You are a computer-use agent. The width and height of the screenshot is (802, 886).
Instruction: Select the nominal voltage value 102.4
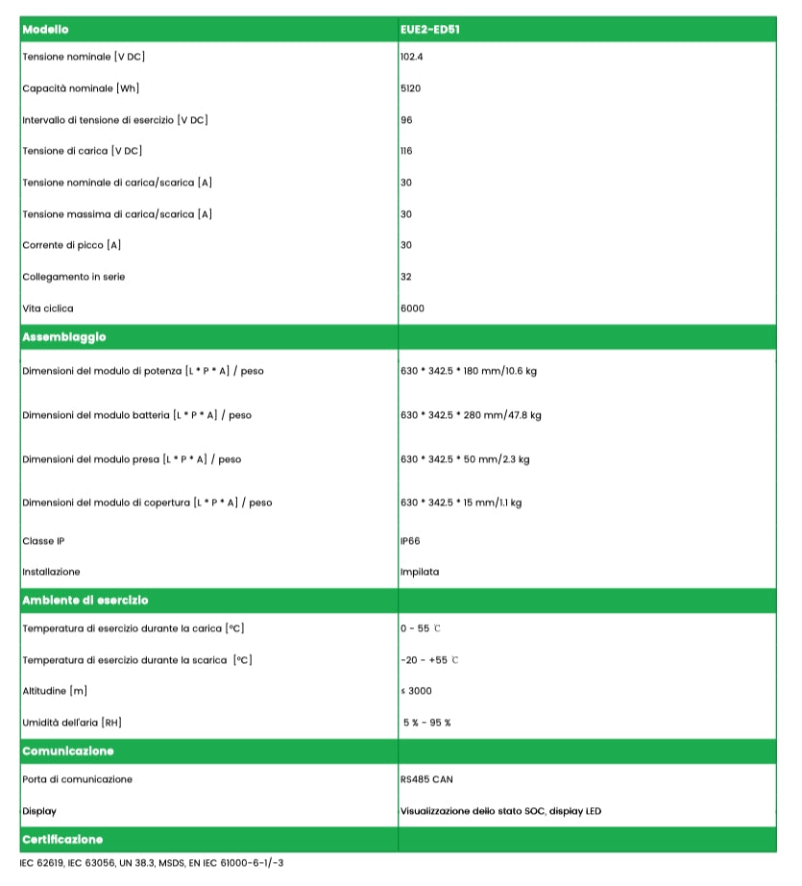(x=412, y=57)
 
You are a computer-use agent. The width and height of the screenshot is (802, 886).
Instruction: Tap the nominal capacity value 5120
(x=411, y=88)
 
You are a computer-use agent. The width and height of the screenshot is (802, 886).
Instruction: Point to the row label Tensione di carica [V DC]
(x=83, y=151)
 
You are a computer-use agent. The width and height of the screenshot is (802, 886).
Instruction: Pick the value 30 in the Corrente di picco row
(x=406, y=245)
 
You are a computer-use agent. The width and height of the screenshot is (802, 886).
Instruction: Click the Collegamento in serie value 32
(x=406, y=277)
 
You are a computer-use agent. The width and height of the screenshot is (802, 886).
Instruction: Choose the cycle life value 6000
(x=412, y=308)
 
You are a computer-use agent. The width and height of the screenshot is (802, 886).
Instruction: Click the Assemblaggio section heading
(x=64, y=337)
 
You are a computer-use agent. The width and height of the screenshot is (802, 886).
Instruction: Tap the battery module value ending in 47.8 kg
(x=471, y=415)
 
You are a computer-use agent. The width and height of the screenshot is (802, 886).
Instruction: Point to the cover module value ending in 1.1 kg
(x=461, y=503)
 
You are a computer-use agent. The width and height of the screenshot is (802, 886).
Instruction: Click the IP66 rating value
(x=410, y=541)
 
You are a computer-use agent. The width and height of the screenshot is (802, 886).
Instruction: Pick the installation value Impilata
(x=420, y=572)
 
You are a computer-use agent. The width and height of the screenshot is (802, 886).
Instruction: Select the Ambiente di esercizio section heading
(x=85, y=600)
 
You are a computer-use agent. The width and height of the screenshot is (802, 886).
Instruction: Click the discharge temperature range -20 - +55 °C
(x=428, y=660)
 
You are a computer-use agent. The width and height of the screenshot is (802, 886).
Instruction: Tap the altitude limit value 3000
(x=417, y=691)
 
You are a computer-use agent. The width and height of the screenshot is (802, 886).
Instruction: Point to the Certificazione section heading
(x=62, y=839)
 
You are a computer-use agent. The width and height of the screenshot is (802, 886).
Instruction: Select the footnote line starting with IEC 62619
(x=152, y=863)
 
